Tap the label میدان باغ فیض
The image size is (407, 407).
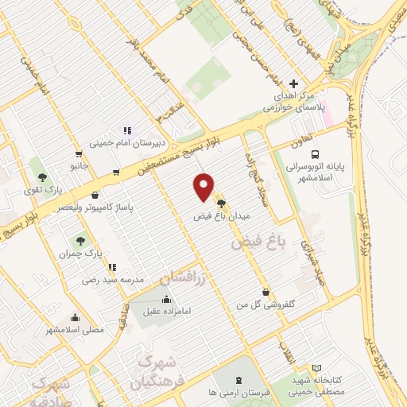pos(220,215)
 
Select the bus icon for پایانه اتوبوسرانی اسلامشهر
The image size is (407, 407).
pos(316,154)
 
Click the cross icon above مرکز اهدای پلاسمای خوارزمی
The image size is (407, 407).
pos(294,83)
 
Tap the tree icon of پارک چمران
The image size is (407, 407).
pos(79,238)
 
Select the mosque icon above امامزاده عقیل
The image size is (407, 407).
pos(166,300)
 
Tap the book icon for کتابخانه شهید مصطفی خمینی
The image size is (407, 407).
pos(317,369)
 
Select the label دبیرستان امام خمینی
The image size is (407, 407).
pos(127,144)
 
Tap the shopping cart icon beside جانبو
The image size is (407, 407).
pos(78,154)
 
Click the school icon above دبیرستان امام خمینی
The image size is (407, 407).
pos(126,130)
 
